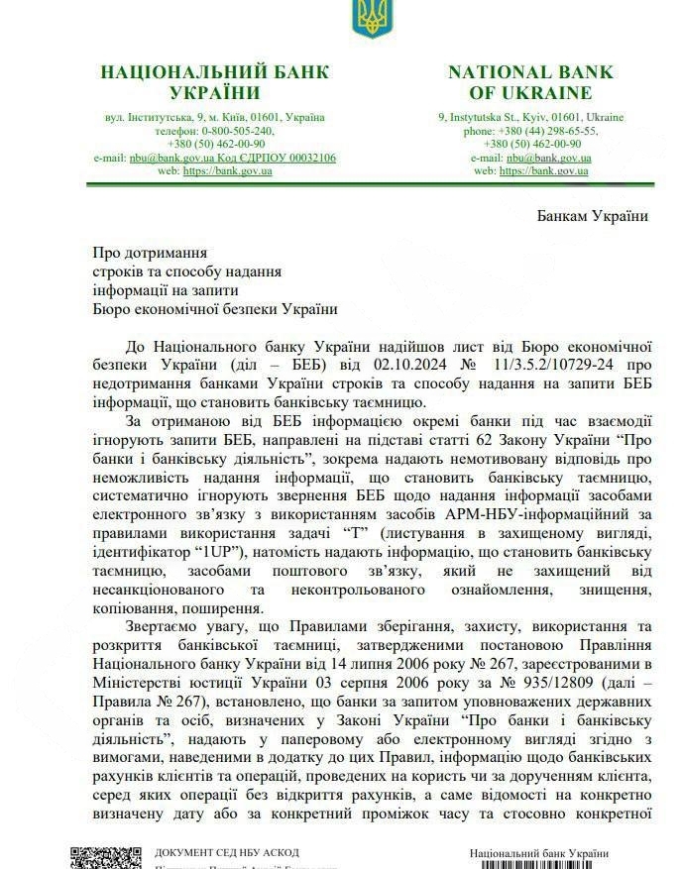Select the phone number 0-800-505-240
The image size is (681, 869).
(238, 130)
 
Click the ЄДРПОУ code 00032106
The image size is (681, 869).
(303, 158)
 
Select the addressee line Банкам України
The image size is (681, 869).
(593, 216)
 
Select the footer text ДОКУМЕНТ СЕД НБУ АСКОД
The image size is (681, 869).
(227, 852)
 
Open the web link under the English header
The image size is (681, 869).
(544, 170)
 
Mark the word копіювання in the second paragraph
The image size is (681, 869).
(137, 607)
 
